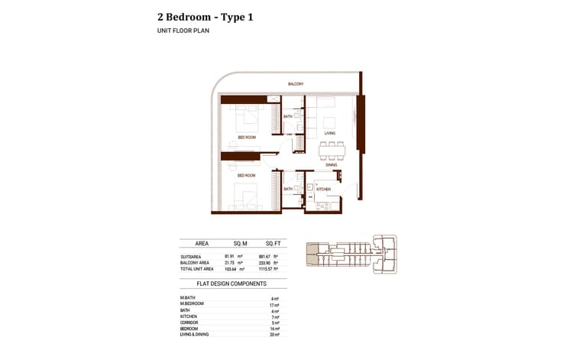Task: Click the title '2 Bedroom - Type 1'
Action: point(205,16)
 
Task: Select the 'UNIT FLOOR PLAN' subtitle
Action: point(183,31)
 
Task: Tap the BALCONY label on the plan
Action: point(296,83)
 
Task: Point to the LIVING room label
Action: point(330,133)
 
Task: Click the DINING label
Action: point(331,164)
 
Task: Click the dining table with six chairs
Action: point(331,151)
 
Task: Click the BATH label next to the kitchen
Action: point(288,189)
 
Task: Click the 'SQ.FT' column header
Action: point(273,244)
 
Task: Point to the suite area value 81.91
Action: point(229,256)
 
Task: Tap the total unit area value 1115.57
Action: point(266,270)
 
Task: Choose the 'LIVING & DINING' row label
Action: point(194,335)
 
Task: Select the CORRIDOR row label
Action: point(189,323)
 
